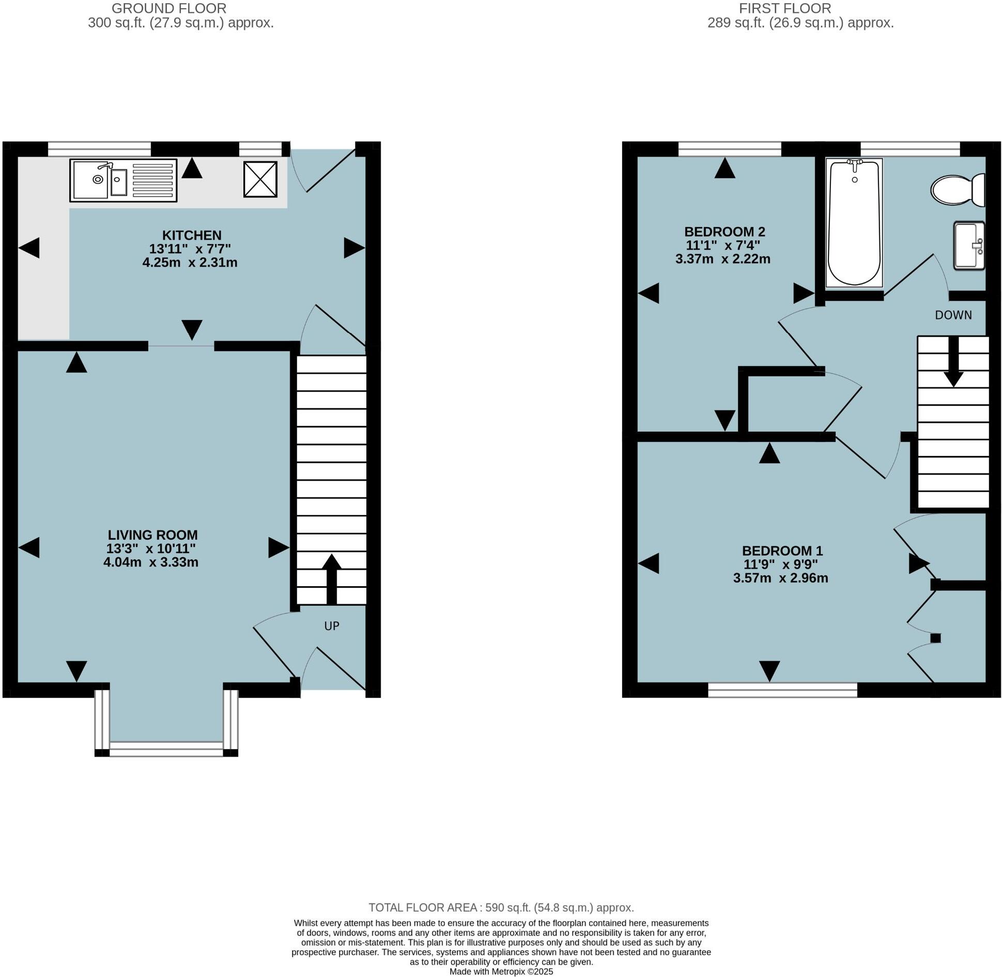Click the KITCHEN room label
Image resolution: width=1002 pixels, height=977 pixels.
[192, 235]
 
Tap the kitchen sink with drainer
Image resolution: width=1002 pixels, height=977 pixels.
[123, 180]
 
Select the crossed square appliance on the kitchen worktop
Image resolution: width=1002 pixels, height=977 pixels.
[260, 179]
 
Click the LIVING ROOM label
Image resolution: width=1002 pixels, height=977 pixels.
[152, 535]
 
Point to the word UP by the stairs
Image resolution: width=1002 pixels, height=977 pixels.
[331, 626]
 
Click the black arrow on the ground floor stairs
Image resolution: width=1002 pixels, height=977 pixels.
[331, 579]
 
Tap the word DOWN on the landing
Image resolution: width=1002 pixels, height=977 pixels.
[953, 315]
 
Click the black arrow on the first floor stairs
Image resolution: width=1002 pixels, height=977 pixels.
[953, 362]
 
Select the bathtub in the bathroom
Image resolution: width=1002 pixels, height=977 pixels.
[854, 223]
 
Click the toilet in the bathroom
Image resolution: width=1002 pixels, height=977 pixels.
[958, 190]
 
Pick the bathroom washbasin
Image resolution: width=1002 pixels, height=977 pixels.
[968, 245]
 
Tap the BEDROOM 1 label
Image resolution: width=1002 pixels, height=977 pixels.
[782, 551]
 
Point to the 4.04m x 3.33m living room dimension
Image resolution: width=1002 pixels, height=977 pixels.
[151, 562]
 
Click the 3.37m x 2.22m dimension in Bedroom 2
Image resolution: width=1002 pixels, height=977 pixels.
[722, 259]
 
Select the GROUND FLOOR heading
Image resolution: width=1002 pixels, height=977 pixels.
[169, 9]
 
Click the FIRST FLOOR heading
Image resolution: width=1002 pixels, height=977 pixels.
[784, 9]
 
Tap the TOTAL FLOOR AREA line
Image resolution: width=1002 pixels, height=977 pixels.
[501, 907]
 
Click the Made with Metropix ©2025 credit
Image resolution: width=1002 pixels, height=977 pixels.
[501, 971]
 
